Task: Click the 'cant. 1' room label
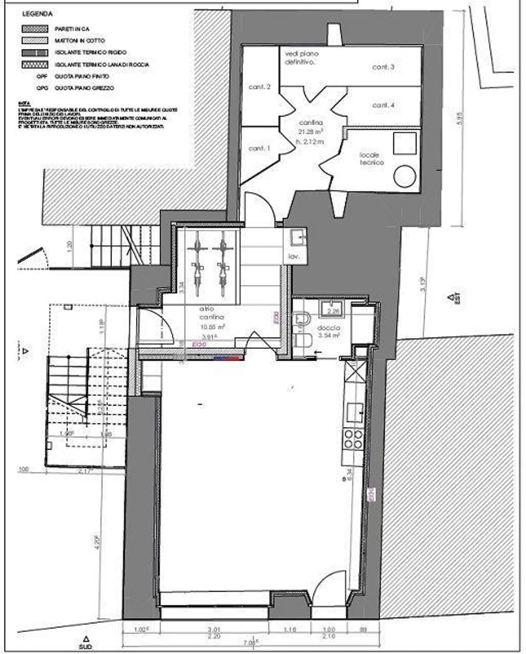coord(259,148)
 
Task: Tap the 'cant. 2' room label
coord(259,87)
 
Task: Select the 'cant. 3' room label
coord(383,67)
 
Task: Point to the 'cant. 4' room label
coord(383,105)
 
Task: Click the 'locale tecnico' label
coord(371,159)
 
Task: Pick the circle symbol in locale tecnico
coord(405,176)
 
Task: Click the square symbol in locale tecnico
coord(405,143)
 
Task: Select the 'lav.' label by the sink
coord(294,256)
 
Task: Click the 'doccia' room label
coord(329,328)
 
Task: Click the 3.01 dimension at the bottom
coord(214,629)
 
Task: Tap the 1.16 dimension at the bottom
coord(290,629)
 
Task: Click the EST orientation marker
coord(454,298)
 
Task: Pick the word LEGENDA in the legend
coord(37,14)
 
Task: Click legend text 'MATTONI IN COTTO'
coord(80,40)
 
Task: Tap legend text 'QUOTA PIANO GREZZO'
coord(84,88)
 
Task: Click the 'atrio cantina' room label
coord(211,313)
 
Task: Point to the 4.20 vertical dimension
coord(97,543)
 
